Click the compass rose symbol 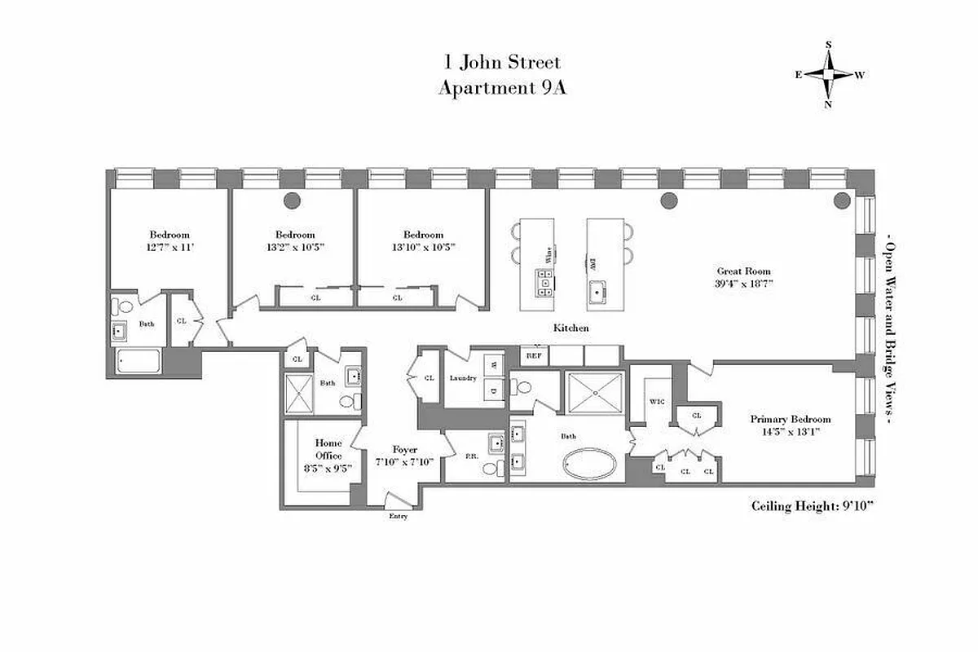click(829, 74)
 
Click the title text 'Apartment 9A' click(501, 89)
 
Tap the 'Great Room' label click(743, 271)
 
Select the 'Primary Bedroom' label click(783, 419)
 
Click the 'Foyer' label click(405, 449)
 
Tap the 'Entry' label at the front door click(398, 516)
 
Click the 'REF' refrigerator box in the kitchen click(534, 355)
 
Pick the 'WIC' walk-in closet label click(657, 402)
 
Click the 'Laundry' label click(462, 377)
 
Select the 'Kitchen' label click(571, 328)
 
